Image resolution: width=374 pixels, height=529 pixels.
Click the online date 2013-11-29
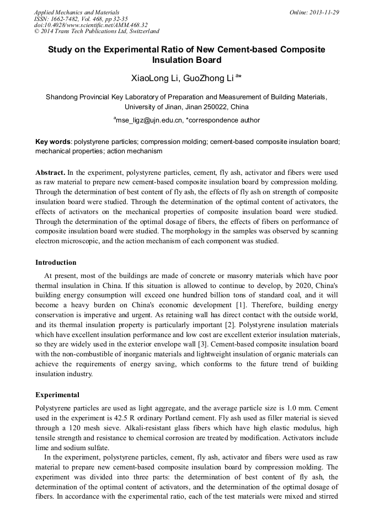point(325,12)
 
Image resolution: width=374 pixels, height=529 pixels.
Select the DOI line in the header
point(90,25)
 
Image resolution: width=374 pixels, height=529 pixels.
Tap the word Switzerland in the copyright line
point(141,31)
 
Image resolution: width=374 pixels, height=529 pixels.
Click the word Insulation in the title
point(175,60)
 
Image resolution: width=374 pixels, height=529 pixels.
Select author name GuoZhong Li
point(211,78)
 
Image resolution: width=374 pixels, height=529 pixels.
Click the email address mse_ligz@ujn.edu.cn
point(149,120)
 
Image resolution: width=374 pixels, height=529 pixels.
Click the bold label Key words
point(53,141)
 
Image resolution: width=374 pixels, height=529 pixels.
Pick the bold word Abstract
point(50,173)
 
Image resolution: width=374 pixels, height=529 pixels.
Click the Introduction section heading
point(56,262)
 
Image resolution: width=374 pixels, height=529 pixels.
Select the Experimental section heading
point(57,395)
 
